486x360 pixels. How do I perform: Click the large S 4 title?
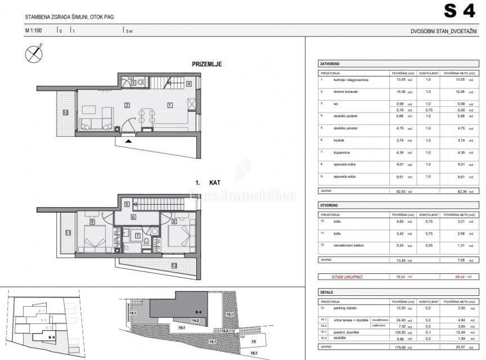pyautogui.click(x=460, y=11)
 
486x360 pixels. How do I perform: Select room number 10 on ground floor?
pyautogui.click(x=65, y=112)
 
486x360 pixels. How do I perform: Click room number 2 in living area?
pyautogui.click(x=128, y=105)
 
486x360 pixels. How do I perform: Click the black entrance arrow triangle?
pyautogui.click(x=129, y=141)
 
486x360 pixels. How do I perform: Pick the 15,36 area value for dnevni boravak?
pyautogui.click(x=399, y=91)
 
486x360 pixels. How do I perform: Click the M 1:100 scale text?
pyautogui.click(x=35, y=32)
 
